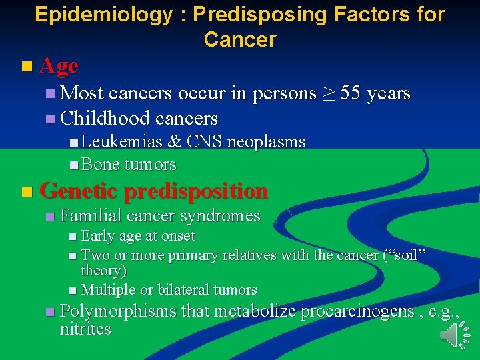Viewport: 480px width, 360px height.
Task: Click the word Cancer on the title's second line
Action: tap(239, 40)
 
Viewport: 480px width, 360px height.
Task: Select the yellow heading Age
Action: tap(59, 66)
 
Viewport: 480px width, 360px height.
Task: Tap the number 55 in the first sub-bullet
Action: tap(353, 93)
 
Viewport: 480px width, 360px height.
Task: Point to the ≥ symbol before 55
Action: tap(329, 94)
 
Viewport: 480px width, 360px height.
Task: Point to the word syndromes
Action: tap(221, 216)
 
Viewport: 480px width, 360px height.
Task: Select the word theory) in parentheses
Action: tap(103, 271)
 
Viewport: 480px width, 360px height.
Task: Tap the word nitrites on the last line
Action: tap(85, 329)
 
